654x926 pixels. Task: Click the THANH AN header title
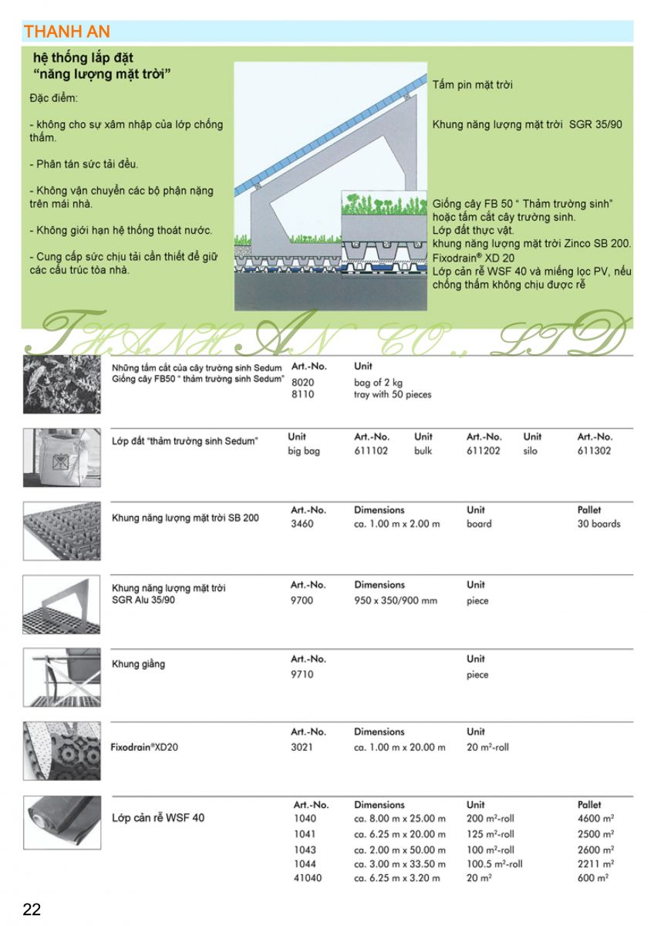click(67, 32)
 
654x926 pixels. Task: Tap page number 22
click(32, 909)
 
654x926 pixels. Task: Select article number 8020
click(303, 382)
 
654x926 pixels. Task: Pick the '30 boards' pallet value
click(598, 524)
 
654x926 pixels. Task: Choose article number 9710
click(302, 674)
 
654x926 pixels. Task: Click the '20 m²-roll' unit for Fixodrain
click(487, 747)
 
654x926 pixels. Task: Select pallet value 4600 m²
click(595, 819)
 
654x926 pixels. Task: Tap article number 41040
click(308, 878)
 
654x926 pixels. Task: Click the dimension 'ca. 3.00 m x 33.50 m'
click(399, 864)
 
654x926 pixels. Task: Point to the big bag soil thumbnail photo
click(62, 458)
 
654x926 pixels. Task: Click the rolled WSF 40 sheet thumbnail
click(62, 823)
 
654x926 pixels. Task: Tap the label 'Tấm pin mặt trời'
click(472, 85)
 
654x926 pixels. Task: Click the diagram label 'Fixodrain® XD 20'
click(474, 258)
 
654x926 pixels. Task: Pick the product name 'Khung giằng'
click(138, 664)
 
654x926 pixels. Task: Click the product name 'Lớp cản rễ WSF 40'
click(158, 817)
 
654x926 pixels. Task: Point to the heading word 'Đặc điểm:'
click(54, 100)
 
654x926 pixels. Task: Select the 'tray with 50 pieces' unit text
click(393, 395)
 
